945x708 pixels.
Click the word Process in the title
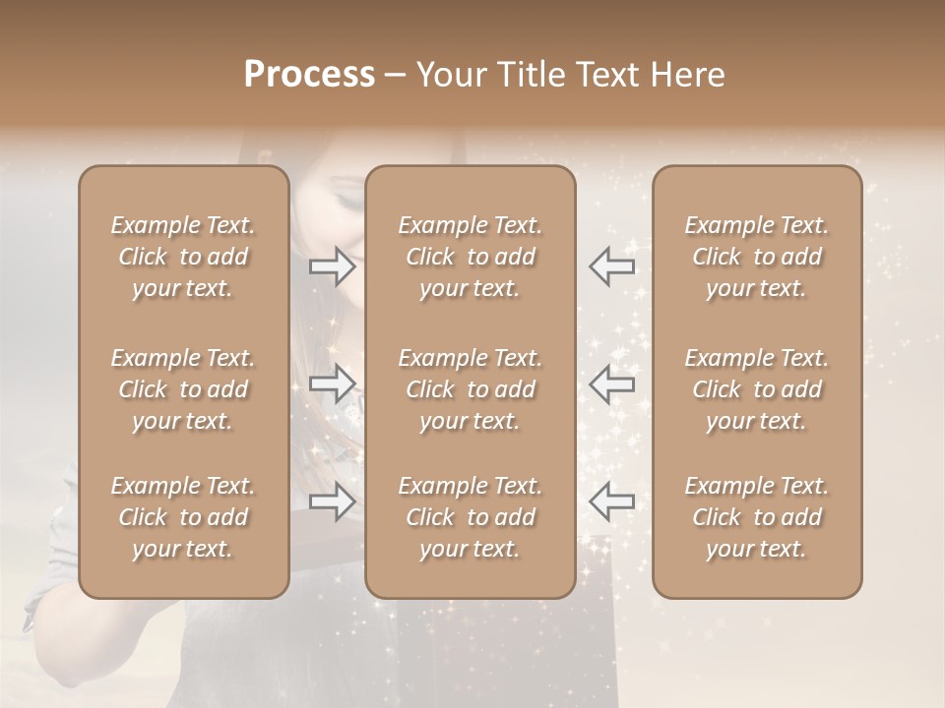[x=309, y=75]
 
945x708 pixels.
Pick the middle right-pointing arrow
[x=333, y=383]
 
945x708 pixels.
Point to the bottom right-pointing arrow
[x=333, y=501]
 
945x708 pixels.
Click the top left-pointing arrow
[x=611, y=265]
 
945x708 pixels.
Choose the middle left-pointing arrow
[x=611, y=383]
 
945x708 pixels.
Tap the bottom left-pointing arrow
[x=611, y=501]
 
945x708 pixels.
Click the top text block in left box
[x=183, y=257]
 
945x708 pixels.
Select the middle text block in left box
[x=183, y=389]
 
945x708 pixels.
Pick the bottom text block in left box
[x=183, y=517]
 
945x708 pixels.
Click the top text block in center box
[x=471, y=257]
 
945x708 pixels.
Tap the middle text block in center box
[x=471, y=389]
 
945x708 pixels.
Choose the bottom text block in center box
[x=471, y=517]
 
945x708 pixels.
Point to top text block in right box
[x=757, y=257]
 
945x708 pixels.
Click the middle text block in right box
[x=757, y=389]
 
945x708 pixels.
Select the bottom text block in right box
[x=757, y=517]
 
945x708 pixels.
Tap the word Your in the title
[x=448, y=75]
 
